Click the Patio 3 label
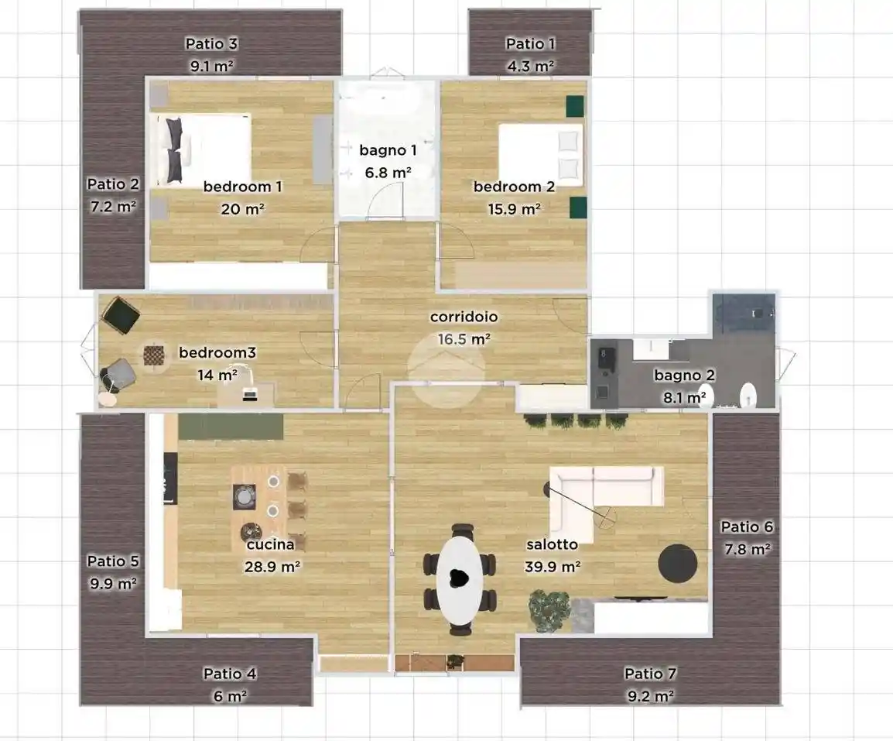click(x=211, y=43)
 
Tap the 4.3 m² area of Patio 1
click(x=531, y=66)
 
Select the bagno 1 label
click(x=388, y=150)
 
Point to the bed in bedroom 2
click(x=541, y=155)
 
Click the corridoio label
click(x=464, y=317)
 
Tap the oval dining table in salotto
click(x=460, y=579)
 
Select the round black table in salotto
click(x=678, y=563)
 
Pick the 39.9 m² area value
click(x=553, y=567)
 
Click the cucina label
click(x=271, y=544)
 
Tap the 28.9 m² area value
click(x=272, y=567)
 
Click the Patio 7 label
click(x=650, y=674)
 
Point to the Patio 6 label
click(x=748, y=527)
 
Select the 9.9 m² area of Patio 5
click(x=113, y=584)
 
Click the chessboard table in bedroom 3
click(x=154, y=356)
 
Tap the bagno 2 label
click(x=684, y=375)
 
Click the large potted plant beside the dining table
click(x=549, y=610)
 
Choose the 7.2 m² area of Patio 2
click(x=113, y=206)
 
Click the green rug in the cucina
click(x=231, y=427)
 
